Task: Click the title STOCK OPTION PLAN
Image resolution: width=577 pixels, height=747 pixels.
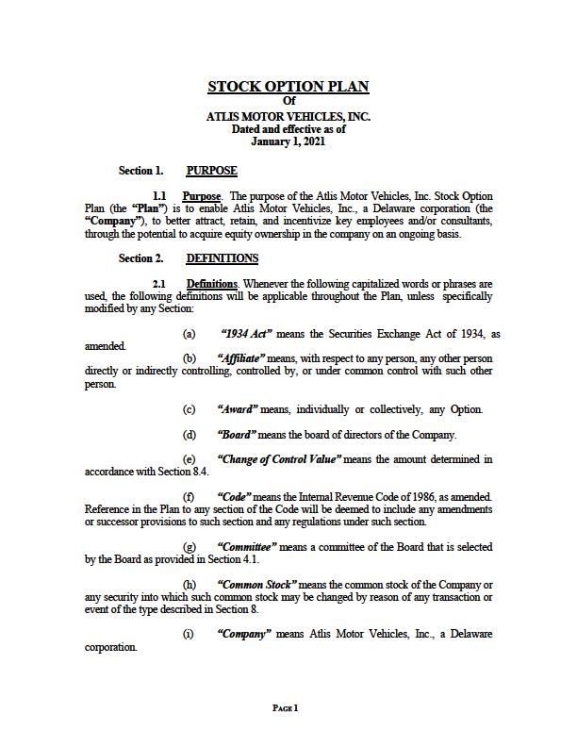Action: pyautogui.click(x=288, y=87)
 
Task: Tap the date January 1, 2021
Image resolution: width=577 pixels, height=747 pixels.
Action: pyautogui.click(x=288, y=141)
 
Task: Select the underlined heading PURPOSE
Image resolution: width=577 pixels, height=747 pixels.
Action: pyautogui.click(x=211, y=171)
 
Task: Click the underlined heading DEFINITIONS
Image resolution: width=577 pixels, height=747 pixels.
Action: pyautogui.click(x=222, y=258)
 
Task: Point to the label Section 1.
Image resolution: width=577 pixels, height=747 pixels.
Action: pyautogui.click(x=140, y=171)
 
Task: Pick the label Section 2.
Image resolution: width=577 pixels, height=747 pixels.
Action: pyautogui.click(x=140, y=258)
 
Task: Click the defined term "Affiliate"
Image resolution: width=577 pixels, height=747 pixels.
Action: pyautogui.click(x=240, y=359)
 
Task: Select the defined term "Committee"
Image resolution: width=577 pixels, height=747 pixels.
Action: pyautogui.click(x=247, y=547)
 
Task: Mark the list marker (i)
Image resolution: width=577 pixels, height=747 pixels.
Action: pyautogui.click(x=189, y=635)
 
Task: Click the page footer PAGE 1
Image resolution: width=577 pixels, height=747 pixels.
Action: pyautogui.click(x=285, y=707)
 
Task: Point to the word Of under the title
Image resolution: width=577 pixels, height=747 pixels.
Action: pyautogui.click(x=288, y=102)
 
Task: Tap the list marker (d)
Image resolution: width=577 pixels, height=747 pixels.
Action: pyautogui.click(x=190, y=435)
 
